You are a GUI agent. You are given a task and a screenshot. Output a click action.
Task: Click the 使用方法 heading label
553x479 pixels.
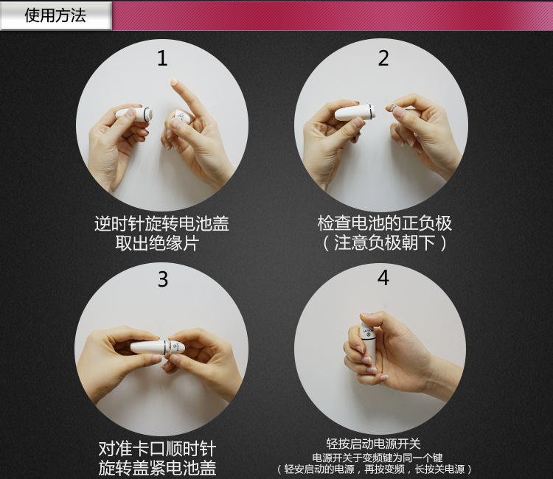(55, 16)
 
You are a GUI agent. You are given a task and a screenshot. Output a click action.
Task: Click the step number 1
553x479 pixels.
(162, 58)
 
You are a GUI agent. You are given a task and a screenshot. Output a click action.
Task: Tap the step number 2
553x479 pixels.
(383, 58)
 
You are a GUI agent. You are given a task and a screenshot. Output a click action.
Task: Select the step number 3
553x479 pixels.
(163, 279)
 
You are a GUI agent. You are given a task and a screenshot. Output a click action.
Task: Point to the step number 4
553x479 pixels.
(383, 278)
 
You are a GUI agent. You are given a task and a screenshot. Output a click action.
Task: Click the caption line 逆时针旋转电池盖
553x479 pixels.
(162, 223)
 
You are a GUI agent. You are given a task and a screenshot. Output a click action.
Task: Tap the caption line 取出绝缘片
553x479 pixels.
(157, 243)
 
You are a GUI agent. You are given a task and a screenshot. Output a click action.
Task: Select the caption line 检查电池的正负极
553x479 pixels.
(385, 223)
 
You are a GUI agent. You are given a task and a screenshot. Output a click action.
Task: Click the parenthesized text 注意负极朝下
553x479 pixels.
(385, 243)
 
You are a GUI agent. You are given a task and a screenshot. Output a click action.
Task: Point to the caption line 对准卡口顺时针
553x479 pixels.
(157, 449)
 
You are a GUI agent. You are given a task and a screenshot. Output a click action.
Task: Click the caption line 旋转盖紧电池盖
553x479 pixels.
(157, 468)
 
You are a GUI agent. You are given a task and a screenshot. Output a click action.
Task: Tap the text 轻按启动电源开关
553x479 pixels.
(374, 444)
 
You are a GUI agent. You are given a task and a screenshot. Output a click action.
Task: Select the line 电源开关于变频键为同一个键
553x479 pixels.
(378, 458)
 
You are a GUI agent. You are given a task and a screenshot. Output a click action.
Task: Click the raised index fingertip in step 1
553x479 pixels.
(173, 81)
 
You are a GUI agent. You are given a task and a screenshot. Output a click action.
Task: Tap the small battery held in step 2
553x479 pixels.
(392, 107)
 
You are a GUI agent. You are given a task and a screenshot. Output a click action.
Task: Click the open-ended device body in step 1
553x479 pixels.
(135, 113)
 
